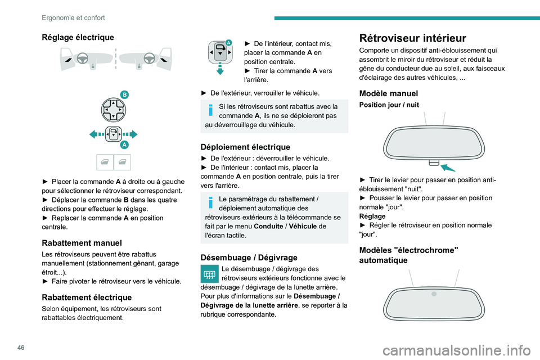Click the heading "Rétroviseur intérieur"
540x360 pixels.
(412, 38)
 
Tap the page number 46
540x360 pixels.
(13, 345)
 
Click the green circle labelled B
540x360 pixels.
(124, 94)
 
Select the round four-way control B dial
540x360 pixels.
(113, 109)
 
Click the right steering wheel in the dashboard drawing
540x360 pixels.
(149, 58)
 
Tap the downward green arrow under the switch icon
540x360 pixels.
(220, 70)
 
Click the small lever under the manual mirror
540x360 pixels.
(433, 163)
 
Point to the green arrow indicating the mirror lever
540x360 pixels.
(448, 166)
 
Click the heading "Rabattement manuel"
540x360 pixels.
(82, 243)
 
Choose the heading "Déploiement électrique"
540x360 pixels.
(245, 147)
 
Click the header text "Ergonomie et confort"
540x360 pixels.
(73, 17)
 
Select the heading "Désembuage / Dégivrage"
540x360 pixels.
(249, 257)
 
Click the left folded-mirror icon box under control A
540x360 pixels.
(105, 162)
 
